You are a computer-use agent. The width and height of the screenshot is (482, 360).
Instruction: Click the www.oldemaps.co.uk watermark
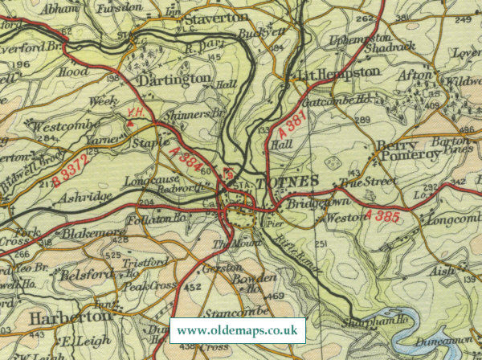(238, 330)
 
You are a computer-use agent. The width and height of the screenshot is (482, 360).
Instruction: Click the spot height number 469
(276, 297)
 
